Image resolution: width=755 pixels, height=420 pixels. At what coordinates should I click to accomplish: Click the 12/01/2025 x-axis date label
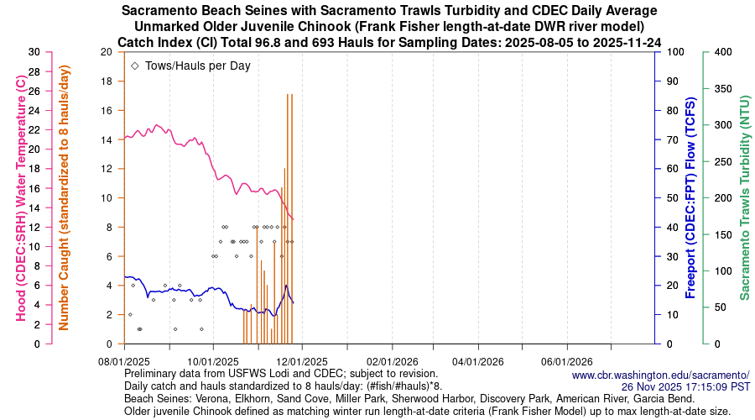click(x=302, y=360)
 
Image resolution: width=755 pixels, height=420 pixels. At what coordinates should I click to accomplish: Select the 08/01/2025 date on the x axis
click(x=124, y=360)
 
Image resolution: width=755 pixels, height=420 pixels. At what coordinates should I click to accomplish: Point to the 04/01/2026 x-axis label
click(x=479, y=360)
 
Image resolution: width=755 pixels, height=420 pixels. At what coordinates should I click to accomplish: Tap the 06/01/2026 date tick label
click(x=567, y=360)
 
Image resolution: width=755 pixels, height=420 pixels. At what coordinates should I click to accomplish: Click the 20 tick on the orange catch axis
click(x=106, y=51)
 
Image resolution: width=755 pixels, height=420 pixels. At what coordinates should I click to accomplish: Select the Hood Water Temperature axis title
click(x=21, y=197)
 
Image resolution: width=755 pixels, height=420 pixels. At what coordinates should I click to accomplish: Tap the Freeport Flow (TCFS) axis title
click(x=691, y=197)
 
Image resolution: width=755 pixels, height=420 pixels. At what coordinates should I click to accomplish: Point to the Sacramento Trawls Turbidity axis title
click(x=744, y=197)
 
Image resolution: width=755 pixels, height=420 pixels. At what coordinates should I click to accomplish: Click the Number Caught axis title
click(x=64, y=197)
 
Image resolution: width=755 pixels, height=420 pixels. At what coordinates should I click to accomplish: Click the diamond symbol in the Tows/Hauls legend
click(x=135, y=66)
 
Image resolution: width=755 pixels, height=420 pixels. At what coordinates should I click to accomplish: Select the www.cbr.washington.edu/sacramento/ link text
click(x=660, y=375)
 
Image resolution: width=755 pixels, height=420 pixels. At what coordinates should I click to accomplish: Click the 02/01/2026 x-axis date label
click(x=390, y=360)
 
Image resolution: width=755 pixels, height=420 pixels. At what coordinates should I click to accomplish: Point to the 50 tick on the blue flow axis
click(x=674, y=197)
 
